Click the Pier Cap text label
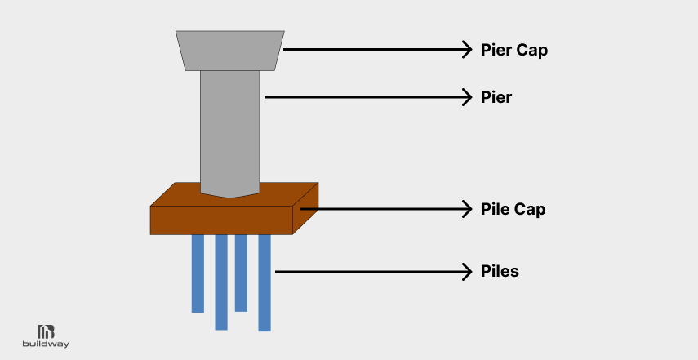tap(513, 50)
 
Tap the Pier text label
tap(496, 98)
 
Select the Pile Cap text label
tap(513, 209)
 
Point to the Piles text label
tap(500, 271)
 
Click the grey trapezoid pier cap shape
tap(230, 50)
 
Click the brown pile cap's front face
tap(221, 220)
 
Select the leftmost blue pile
tap(198, 273)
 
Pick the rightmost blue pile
tap(265, 282)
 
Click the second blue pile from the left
tap(221, 282)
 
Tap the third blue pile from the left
tap(241, 273)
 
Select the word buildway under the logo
tap(46, 344)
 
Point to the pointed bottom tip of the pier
tap(231, 197)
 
